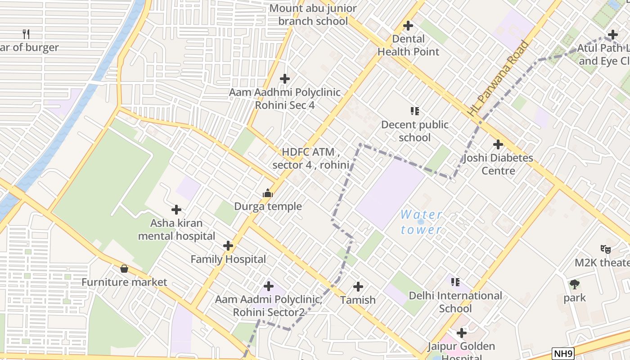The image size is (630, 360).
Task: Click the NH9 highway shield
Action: (x=563, y=353)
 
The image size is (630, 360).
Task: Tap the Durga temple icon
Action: (x=268, y=193)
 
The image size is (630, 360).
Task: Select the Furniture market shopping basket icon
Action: (x=124, y=269)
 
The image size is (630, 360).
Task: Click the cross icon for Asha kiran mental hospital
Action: (x=176, y=210)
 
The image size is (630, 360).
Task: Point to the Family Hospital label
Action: (x=228, y=259)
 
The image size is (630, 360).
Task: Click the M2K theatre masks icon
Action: (x=605, y=249)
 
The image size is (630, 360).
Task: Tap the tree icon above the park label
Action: (x=574, y=284)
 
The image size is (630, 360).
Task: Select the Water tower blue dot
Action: (x=421, y=221)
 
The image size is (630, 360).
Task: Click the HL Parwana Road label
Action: (x=498, y=79)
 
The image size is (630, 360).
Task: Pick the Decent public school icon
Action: (x=414, y=111)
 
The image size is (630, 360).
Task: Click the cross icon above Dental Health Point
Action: (x=408, y=26)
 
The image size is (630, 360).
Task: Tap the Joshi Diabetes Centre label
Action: (x=498, y=164)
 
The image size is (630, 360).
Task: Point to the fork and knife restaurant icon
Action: (x=26, y=34)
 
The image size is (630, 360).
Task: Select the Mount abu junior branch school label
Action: (x=313, y=14)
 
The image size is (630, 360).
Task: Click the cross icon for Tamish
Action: (x=358, y=286)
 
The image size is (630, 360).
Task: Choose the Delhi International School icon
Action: (x=455, y=282)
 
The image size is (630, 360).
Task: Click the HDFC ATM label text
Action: (x=310, y=158)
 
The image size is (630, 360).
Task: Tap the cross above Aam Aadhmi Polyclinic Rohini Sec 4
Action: (x=284, y=79)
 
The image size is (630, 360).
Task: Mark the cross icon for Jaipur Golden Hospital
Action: (x=461, y=333)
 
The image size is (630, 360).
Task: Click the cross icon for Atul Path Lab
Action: (x=612, y=35)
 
